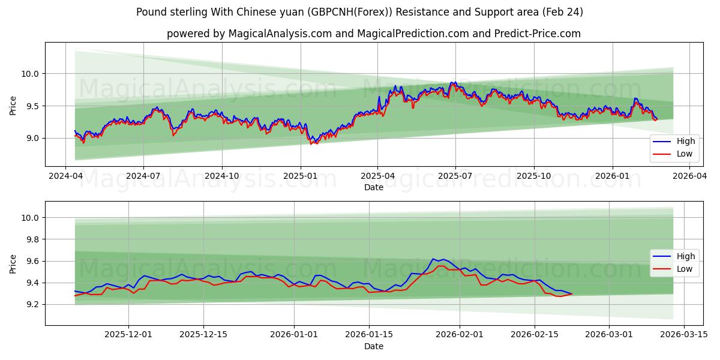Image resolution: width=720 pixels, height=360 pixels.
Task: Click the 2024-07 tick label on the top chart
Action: [x=143, y=176]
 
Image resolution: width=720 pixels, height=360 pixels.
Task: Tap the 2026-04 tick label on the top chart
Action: [x=689, y=176]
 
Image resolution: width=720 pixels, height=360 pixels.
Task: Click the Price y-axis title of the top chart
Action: [x=13, y=106]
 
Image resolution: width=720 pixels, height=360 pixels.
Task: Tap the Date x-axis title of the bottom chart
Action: [x=373, y=346]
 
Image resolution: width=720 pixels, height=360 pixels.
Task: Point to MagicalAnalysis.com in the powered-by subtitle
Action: [x=280, y=34]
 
